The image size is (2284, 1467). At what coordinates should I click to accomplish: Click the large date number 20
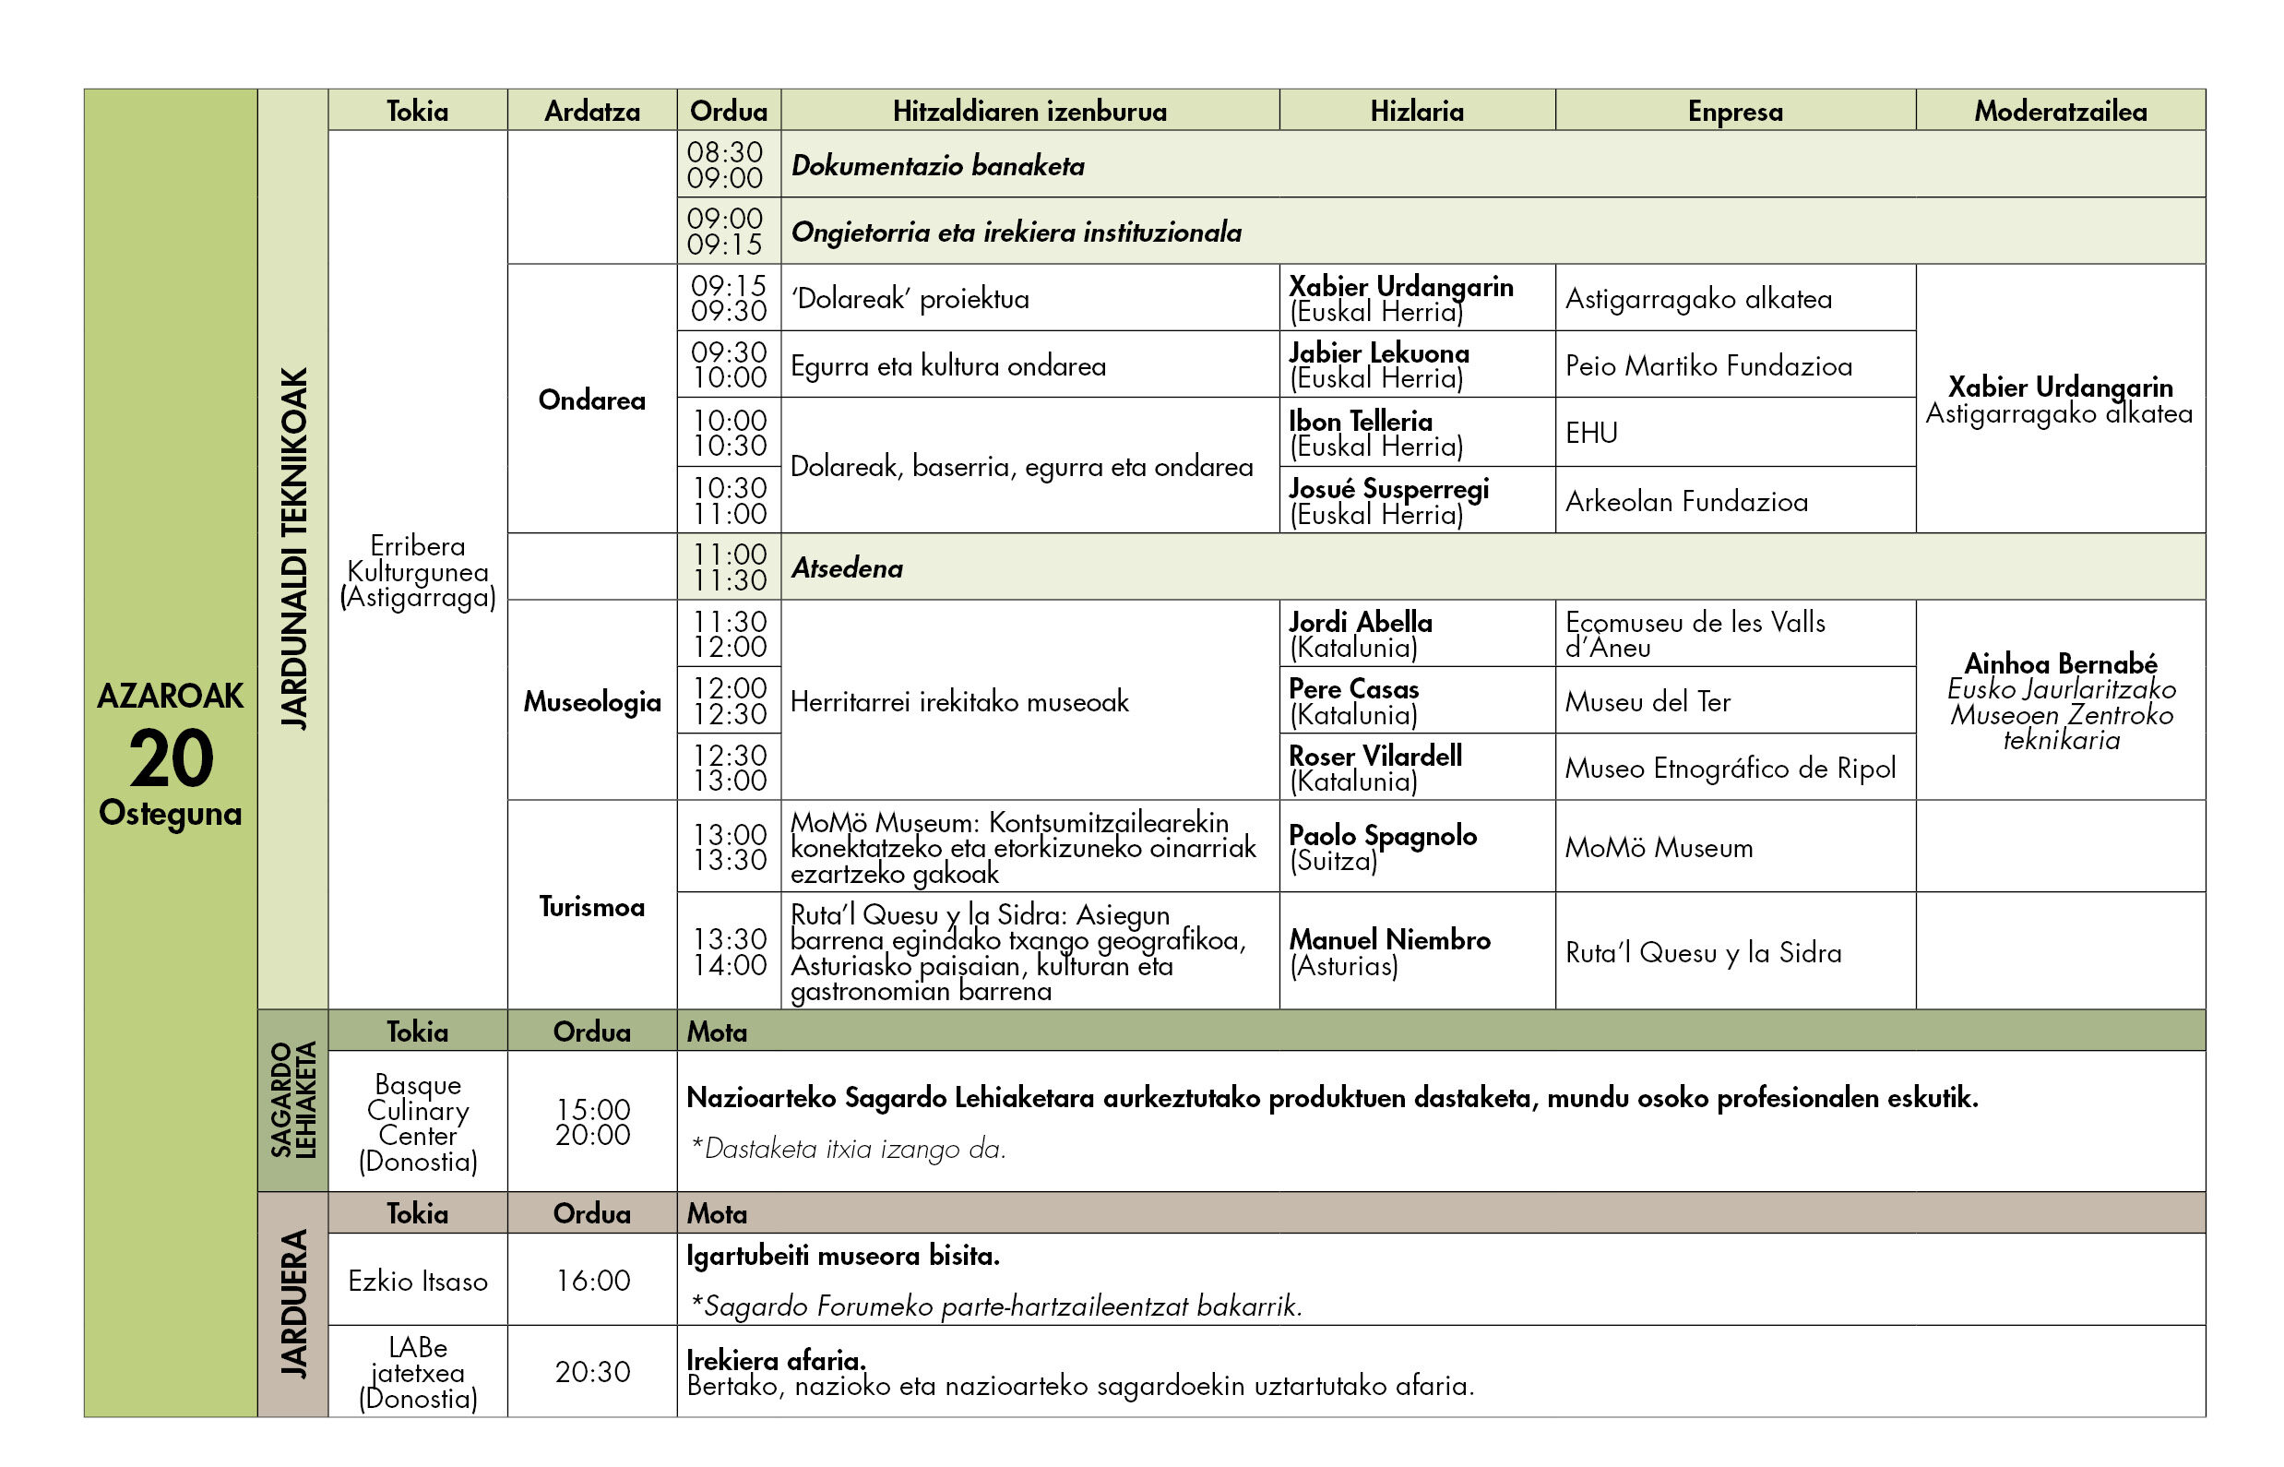(172, 758)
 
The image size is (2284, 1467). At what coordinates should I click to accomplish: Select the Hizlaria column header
(1416, 112)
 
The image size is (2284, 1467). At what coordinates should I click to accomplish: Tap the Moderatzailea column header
(2060, 112)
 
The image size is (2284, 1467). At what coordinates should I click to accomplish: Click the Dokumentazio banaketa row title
(938, 166)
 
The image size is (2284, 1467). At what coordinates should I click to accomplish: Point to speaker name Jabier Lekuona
(1378, 353)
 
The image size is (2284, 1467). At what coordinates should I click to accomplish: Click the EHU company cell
(1591, 434)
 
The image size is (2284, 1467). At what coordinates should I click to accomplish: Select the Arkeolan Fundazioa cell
(1686, 502)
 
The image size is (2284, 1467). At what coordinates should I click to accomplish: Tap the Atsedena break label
(847, 568)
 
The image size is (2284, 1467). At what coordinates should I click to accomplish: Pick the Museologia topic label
(591, 702)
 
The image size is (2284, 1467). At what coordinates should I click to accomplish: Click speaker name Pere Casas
(1353, 688)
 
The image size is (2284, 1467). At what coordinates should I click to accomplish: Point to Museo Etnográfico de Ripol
(1730, 768)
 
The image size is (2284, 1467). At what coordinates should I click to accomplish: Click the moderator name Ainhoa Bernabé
(2060, 663)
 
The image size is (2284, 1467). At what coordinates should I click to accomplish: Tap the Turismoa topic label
(591, 906)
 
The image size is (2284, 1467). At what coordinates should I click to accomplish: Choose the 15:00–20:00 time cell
(592, 1122)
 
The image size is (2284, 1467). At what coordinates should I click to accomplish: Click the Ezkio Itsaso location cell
(417, 1282)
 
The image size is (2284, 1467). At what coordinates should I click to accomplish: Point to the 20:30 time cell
(592, 1372)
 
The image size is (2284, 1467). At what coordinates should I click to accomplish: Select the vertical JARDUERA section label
(294, 1303)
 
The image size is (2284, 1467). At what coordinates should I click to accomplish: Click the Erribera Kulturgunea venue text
(417, 571)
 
